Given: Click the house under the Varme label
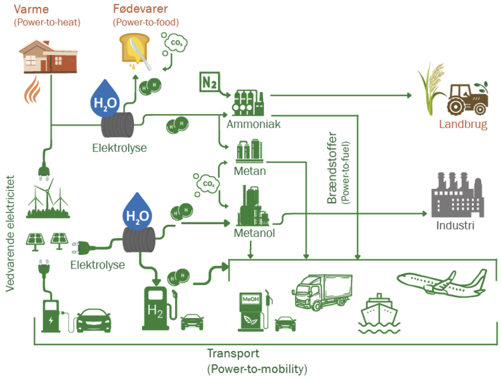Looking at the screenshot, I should pyautogui.click(x=48, y=56).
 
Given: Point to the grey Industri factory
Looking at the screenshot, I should pyautogui.click(x=457, y=195).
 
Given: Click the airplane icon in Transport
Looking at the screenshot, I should pyautogui.click(x=443, y=282).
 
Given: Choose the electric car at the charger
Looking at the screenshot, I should pyautogui.click(x=93, y=320).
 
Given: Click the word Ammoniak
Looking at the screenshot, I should pyautogui.click(x=253, y=124).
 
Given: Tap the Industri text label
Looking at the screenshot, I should pyautogui.click(x=455, y=225).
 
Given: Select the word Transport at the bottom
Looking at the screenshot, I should pyautogui.click(x=233, y=353).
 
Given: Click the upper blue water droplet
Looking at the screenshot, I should pyautogui.click(x=105, y=98).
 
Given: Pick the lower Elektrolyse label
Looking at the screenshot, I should pyautogui.click(x=97, y=265).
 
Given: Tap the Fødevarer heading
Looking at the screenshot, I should pyautogui.click(x=140, y=9).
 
